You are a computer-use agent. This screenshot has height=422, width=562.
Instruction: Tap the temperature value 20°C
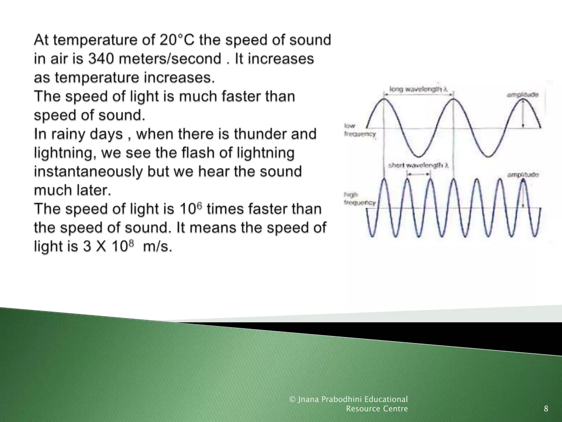(x=177, y=40)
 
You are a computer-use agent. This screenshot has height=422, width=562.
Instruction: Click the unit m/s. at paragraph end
(x=158, y=246)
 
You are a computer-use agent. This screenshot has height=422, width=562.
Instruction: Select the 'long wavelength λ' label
(x=419, y=89)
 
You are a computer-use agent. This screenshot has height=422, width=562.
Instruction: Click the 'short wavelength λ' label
(x=418, y=165)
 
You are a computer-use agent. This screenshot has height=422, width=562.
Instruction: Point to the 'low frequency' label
(x=359, y=130)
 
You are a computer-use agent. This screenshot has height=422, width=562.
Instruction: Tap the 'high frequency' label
(x=359, y=199)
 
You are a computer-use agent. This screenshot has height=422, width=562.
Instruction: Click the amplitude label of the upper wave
(x=522, y=95)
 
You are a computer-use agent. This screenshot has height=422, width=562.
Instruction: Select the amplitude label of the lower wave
(x=523, y=174)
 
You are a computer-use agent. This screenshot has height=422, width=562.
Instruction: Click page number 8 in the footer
(x=546, y=409)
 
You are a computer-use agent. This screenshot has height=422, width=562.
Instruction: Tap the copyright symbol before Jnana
(x=293, y=399)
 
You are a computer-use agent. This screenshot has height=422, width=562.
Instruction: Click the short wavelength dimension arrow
(x=418, y=174)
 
